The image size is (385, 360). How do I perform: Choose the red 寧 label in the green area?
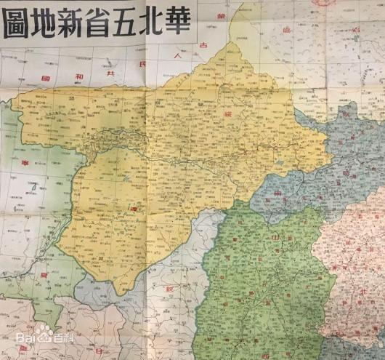(23, 163)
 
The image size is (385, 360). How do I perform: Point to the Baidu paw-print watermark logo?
(44, 333)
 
